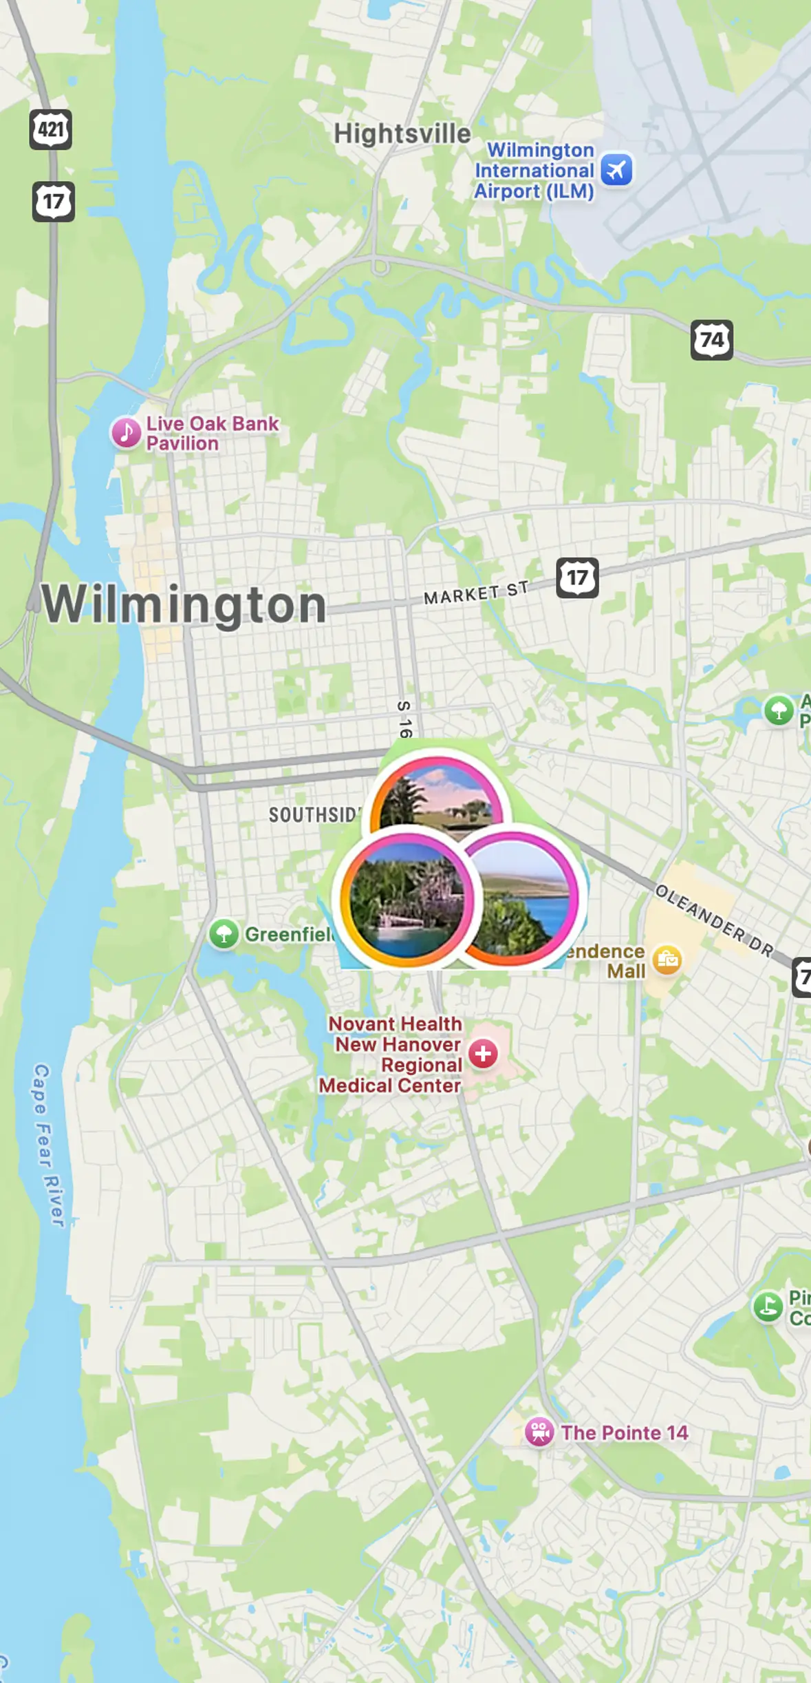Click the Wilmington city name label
tap(184, 604)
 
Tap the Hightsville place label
tap(402, 134)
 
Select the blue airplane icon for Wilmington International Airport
tap(616, 169)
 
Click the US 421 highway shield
tap(50, 129)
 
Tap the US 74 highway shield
tap(711, 339)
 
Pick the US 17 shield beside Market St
tap(576, 578)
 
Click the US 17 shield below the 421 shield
tap(53, 202)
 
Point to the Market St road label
tap(476, 593)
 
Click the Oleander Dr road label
tap(714, 921)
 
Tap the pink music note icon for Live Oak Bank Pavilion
tap(126, 433)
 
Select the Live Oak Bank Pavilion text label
tap(212, 433)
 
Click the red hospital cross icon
tap(483, 1053)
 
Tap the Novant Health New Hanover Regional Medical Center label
tap(393, 1054)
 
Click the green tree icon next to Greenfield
tap(224, 934)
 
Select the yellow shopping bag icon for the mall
tap(667, 960)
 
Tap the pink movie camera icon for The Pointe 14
tap(539, 1432)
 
